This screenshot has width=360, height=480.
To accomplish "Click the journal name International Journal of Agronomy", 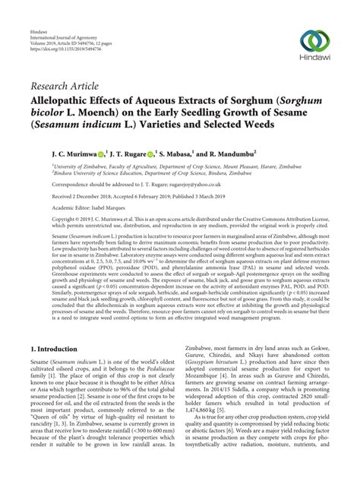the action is [x=61, y=14].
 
